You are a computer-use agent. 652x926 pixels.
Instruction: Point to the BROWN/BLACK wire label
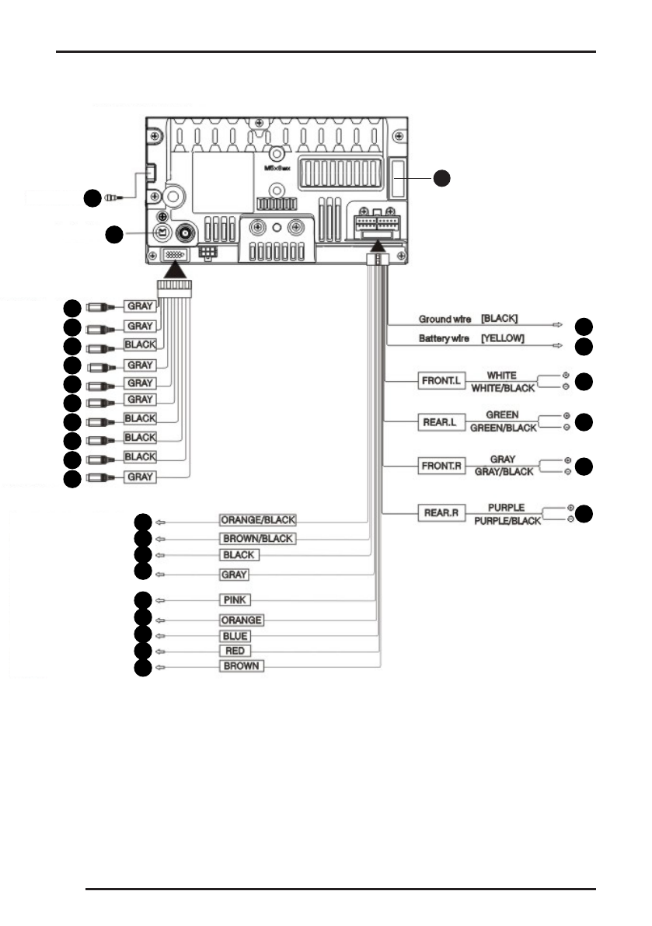coord(258,538)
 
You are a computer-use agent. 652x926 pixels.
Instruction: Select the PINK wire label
coord(235,600)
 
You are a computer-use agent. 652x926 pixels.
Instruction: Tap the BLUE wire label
coord(234,636)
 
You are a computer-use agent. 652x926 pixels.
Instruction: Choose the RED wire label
coord(234,650)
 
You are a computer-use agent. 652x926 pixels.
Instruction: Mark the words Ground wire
coord(445,319)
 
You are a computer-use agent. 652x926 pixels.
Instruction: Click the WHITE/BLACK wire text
coord(501,387)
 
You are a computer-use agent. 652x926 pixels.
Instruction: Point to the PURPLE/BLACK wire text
coord(507,521)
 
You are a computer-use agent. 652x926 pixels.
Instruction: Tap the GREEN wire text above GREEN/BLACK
coord(502,414)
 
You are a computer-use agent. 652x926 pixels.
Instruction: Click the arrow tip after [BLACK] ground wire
coord(557,324)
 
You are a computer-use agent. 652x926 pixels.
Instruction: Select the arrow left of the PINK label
coord(160,600)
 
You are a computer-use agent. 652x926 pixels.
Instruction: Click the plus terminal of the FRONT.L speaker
coord(566,376)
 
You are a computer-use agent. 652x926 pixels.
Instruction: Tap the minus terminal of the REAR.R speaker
coord(570,519)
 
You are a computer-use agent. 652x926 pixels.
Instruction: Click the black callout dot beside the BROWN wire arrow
coord(142,668)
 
